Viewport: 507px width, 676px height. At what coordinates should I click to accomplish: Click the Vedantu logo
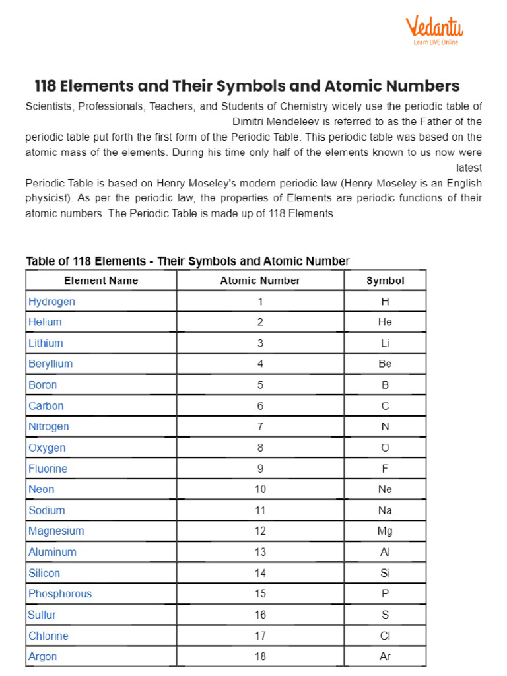click(x=434, y=31)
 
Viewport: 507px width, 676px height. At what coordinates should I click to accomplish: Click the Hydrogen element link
click(x=51, y=302)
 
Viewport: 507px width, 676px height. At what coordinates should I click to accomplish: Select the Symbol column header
click(x=385, y=281)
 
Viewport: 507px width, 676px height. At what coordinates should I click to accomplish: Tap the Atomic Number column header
click(x=260, y=281)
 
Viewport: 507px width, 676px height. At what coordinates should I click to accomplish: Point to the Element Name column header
click(x=101, y=281)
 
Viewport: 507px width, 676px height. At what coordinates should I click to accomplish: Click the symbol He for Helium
click(x=385, y=323)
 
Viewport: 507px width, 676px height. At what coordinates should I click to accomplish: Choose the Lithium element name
click(x=46, y=343)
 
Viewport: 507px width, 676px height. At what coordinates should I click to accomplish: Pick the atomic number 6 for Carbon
click(x=260, y=406)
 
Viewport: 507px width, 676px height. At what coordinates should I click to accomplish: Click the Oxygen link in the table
click(x=47, y=448)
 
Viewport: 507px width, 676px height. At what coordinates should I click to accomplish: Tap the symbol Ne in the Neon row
click(x=385, y=490)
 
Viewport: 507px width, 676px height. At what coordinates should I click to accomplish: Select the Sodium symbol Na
click(x=385, y=510)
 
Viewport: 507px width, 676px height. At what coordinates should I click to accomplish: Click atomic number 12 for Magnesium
click(x=260, y=531)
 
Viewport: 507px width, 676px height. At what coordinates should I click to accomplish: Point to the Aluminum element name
click(x=52, y=552)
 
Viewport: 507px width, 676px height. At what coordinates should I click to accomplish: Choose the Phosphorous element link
click(x=60, y=594)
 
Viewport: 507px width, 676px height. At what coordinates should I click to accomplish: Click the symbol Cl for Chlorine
click(x=385, y=636)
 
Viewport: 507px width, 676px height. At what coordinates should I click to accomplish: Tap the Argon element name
click(x=42, y=657)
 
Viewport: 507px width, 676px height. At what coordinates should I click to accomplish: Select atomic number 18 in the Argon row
click(x=260, y=657)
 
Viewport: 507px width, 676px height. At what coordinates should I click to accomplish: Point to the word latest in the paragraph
click(x=469, y=168)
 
